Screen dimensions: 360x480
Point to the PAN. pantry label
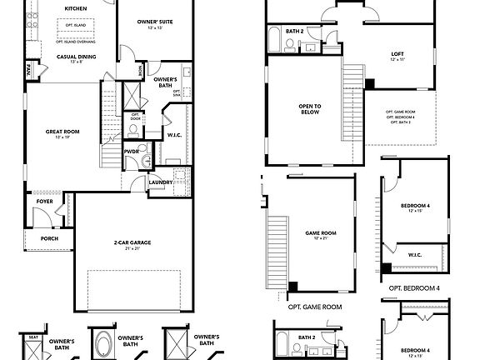coord(27,70)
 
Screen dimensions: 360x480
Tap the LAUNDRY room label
coord(161,182)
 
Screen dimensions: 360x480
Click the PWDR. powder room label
coord(132,152)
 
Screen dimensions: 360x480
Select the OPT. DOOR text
coord(134,116)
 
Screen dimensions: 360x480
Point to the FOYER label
coord(44,201)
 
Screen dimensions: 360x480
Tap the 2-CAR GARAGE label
coord(132,242)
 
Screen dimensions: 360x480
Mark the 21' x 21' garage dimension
coord(132,248)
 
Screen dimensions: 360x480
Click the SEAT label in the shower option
coord(34,337)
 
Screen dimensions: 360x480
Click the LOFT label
coord(397,54)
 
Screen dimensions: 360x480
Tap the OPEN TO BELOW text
coord(311,110)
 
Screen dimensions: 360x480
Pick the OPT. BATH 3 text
coord(401,123)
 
